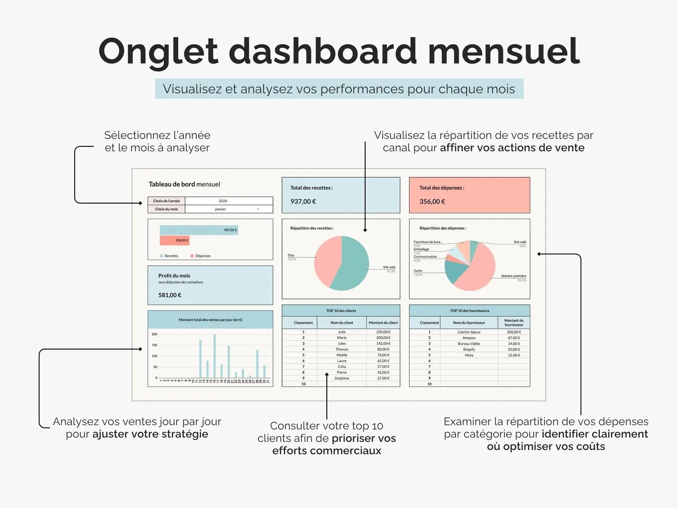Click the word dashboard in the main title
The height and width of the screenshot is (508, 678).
323,51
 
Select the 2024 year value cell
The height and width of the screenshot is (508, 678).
223,201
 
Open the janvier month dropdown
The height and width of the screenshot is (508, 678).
258,209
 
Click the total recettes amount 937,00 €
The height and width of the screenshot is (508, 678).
303,201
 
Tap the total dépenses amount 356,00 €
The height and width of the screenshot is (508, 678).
432,201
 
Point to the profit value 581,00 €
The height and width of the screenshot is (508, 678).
169,295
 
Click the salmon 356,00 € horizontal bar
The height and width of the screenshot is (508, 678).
174,240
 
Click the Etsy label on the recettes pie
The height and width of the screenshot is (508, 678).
291,255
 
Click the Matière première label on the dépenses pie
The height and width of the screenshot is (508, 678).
513,276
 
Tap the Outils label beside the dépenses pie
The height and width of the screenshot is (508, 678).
418,271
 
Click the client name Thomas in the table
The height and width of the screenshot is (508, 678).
342,349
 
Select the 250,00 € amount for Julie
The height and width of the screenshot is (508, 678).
383,332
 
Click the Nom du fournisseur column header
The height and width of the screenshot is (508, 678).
469,323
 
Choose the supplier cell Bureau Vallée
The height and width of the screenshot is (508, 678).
469,344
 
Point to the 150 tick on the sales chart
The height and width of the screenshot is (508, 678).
155,345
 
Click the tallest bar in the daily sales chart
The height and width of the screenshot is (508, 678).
214,356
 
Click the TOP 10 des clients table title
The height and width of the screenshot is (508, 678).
341,311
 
